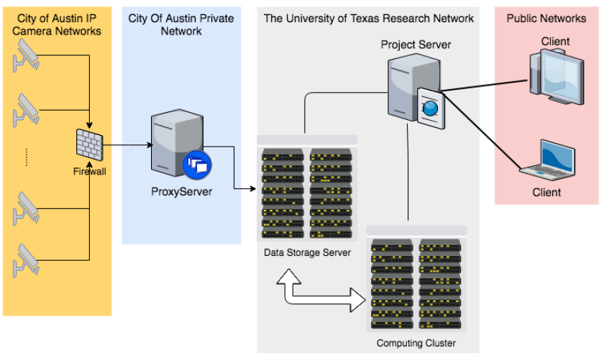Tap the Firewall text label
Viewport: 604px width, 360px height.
click(x=89, y=171)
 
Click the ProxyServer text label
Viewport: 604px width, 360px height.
click(x=181, y=192)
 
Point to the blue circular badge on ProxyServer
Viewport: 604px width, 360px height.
click(x=196, y=165)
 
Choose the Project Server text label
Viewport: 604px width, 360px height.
click(x=416, y=45)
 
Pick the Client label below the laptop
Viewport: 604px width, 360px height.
click(x=546, y=192)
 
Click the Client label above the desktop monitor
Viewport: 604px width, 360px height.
click(x=555, y=41)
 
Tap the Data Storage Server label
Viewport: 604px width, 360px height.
click(x=307, y=252)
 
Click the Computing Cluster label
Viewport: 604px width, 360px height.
click(x=416, y=343)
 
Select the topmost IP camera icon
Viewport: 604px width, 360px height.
click(x=25, y=55)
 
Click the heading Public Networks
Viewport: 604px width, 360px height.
click(x=546, y=18)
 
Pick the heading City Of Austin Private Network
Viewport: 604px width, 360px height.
click(x=180, y=24)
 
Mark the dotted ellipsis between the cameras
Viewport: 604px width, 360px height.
click(x=26, y=157)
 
